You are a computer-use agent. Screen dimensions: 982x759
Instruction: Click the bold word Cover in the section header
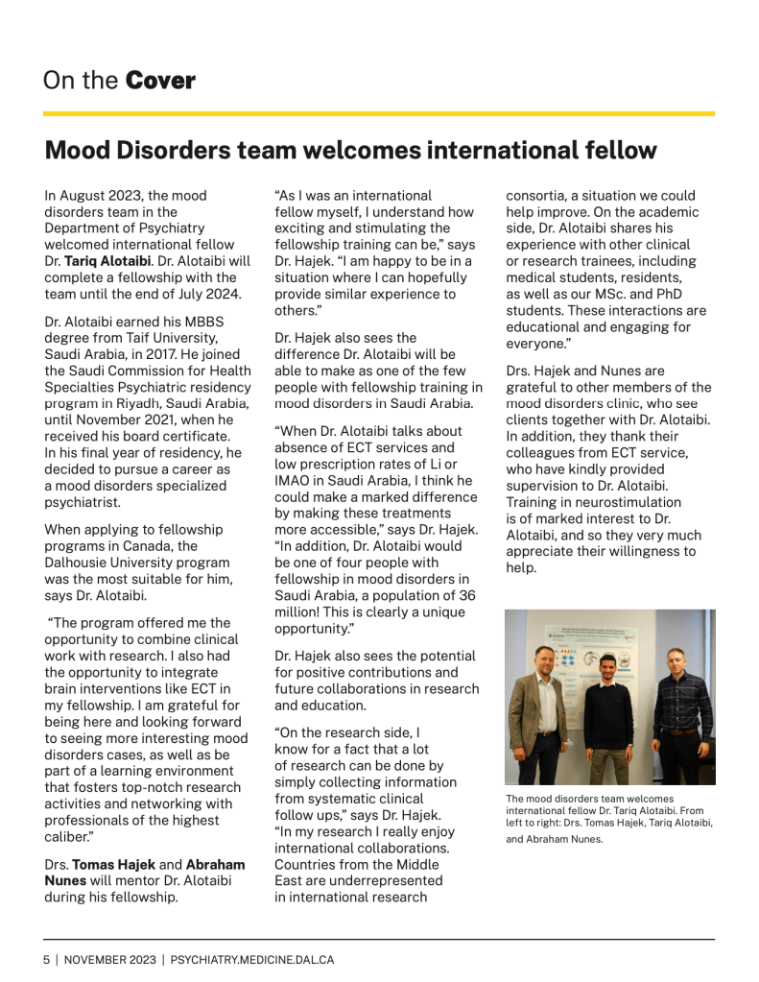(160, 81)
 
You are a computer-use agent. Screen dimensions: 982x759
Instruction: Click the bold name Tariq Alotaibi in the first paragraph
(108, 260)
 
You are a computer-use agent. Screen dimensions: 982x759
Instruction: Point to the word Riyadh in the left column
(135, 403)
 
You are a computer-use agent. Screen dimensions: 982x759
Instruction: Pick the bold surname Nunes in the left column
(66, 882)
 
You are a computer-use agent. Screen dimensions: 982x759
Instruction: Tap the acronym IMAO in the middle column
(295, 480)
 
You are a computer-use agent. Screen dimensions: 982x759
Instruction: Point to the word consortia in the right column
(538, 195)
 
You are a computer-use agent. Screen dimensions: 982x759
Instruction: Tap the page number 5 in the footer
(45, 959)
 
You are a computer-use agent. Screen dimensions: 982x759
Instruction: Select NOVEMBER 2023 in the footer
(108, 959)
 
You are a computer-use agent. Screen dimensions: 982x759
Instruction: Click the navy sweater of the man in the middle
(610, 715)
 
